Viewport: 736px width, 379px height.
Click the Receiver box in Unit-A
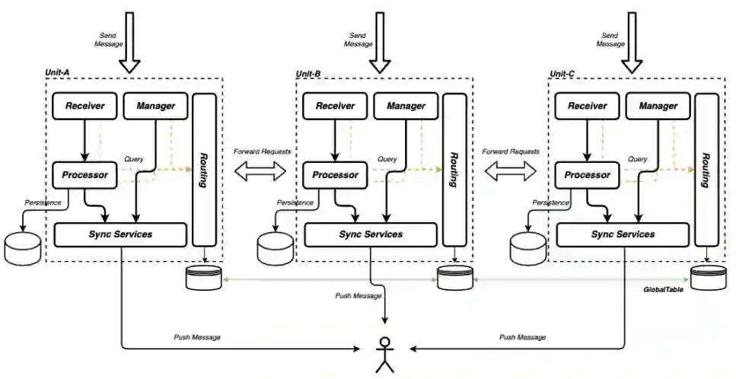point(84,106)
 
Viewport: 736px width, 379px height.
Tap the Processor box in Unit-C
point(588,175)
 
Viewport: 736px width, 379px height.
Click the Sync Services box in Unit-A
point(120,234)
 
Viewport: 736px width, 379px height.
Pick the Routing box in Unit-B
point(454,169)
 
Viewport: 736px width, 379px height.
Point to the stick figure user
point(382,353)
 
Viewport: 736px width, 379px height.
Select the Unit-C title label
point(562,73)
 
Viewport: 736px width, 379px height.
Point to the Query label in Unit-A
point(133,159)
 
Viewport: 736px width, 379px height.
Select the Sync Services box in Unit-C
point(623,234)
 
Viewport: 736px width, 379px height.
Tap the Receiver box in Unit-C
point(588,106)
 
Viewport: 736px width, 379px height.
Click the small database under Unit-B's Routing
point(454,277)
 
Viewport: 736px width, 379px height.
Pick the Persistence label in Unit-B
point(295,203)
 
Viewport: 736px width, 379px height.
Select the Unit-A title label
point(57,73)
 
